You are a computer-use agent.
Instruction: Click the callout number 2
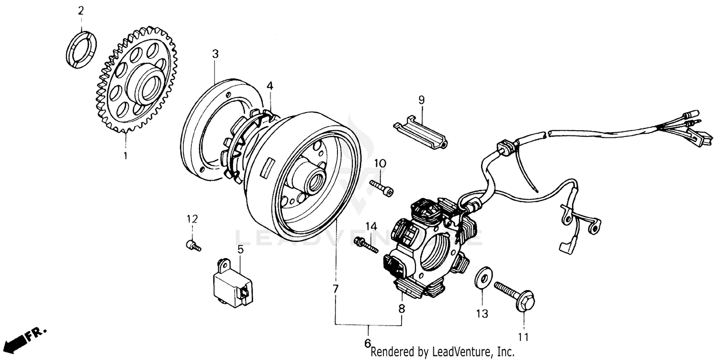click(x=80, y=10)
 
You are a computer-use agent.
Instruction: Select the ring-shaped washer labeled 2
click(x=80, y=48)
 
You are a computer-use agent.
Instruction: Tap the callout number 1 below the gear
click(x=125, y=155)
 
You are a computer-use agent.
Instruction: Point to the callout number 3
click(x=215, y=54)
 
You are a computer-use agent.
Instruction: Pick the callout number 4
click(x=270, y=86)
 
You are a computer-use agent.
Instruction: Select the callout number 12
click(x=192, y=219)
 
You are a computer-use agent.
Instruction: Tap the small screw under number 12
click(x=193, y=246)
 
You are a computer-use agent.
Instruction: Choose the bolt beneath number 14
click(x=366, y=245)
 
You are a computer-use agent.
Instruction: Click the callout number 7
click(x=336, y=289)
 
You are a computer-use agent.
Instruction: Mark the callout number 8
click(x=402, y=309)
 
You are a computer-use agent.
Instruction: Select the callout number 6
click(x=368, y=343)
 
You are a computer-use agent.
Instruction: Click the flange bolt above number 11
click(x=515, y=295)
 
